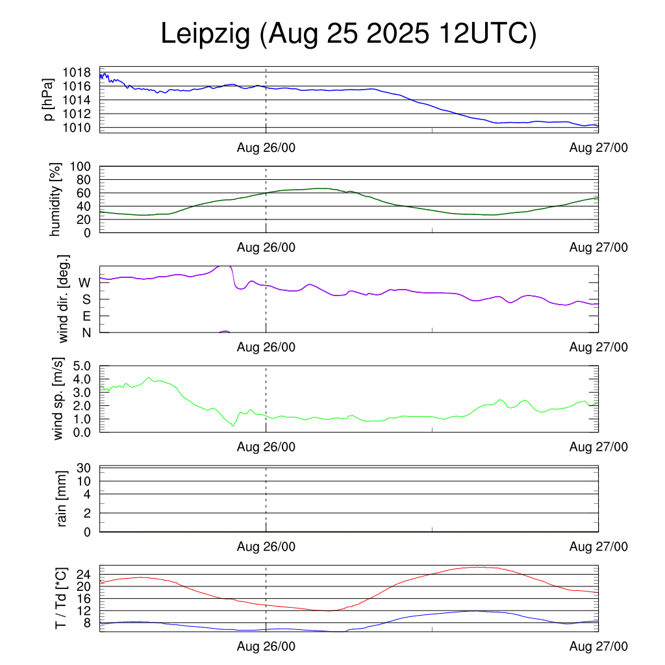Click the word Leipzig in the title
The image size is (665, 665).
click(205, 34)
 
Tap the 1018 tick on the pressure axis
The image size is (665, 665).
click(77, 72)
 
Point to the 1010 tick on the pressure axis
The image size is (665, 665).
click(77, 127)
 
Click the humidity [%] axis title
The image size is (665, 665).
click(56, 199)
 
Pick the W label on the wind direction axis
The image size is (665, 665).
click(84, 282)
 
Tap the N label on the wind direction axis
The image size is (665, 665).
click(86, 332)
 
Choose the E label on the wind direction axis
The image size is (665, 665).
click(86, 316)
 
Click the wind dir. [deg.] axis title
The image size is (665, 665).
click(63, 299)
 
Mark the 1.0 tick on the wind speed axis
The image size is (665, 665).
click(81, 419)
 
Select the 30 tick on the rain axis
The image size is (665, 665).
click(85, 468)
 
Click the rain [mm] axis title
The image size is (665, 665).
click(63, 499)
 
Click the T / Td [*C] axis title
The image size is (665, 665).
click(60, 599)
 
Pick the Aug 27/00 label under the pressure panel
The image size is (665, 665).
click(598, 147)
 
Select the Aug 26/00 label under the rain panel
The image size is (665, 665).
click(266, 546)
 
